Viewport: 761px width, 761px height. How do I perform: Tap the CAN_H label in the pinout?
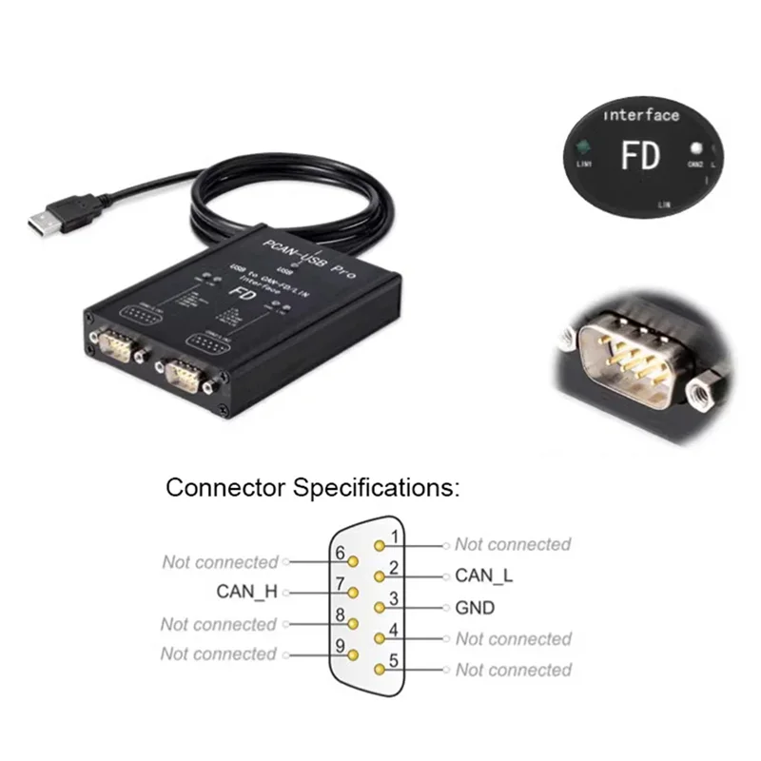coord(246,591)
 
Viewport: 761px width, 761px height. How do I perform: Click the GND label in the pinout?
coord(475,608)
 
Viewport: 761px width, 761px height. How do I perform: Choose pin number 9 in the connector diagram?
coord(340,646)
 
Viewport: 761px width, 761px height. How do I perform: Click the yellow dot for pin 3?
coord(380,607)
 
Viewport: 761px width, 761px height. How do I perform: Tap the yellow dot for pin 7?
coord(353,592)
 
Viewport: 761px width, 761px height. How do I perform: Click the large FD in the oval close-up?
coord(640,155)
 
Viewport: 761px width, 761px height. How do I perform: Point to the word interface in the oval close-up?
coord(642,115)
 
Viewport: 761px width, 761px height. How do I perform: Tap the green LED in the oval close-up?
coord(581,146)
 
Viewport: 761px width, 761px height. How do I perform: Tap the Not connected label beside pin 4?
coord(513,639)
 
